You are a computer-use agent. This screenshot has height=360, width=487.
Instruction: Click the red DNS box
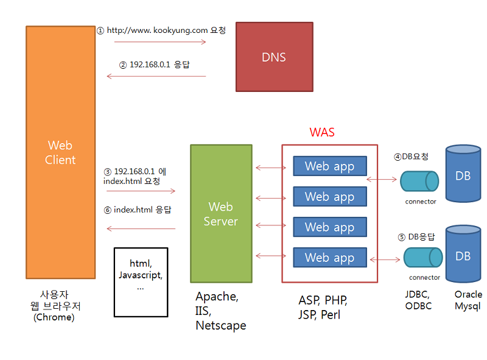274,57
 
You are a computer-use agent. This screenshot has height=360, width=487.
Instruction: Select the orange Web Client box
61,152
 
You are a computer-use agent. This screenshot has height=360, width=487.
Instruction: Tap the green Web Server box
221,213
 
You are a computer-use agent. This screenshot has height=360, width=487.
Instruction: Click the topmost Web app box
329,166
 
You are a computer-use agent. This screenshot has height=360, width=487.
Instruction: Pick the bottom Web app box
329,258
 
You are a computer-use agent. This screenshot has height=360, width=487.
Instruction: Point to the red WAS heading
322,132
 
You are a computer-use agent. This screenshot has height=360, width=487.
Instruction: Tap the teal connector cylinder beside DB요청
419,181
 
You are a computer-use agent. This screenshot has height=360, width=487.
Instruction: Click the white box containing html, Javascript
141,281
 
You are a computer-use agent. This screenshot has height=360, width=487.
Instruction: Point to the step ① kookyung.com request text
161,30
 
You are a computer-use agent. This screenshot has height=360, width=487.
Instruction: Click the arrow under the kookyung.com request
159,42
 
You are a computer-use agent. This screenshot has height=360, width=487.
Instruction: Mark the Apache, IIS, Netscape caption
220,311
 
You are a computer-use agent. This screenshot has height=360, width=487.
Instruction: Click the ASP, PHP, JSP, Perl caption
323,308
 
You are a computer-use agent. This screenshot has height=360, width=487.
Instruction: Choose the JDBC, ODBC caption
418,300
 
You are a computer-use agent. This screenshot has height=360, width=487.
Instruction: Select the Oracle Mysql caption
468,300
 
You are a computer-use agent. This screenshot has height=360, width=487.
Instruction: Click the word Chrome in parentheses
55,317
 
